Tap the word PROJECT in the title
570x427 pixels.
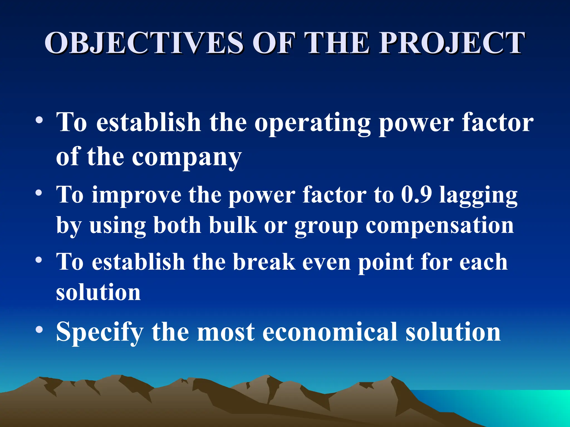coord(452,43)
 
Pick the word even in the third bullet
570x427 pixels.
coord(326,262)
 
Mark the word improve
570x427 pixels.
coord(136,196)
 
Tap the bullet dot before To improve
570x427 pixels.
coord(39,193)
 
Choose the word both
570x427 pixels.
coord(177,225)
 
